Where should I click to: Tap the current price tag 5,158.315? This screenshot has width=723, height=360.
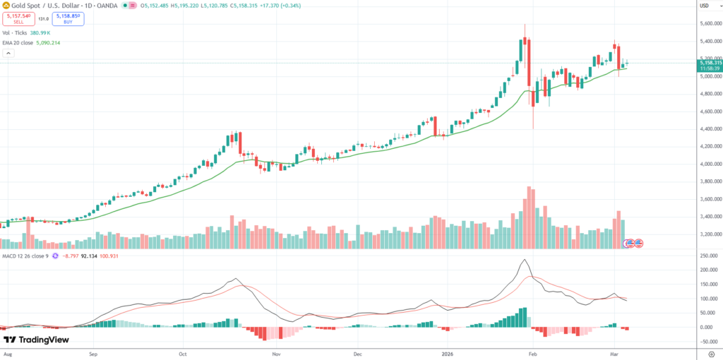(x=709, y=63)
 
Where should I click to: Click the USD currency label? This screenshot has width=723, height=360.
(x=703, y=6)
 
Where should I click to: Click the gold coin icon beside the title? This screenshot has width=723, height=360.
(x=6, y=6)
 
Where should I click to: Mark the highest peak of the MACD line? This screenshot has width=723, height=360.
(x=525, y=260)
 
